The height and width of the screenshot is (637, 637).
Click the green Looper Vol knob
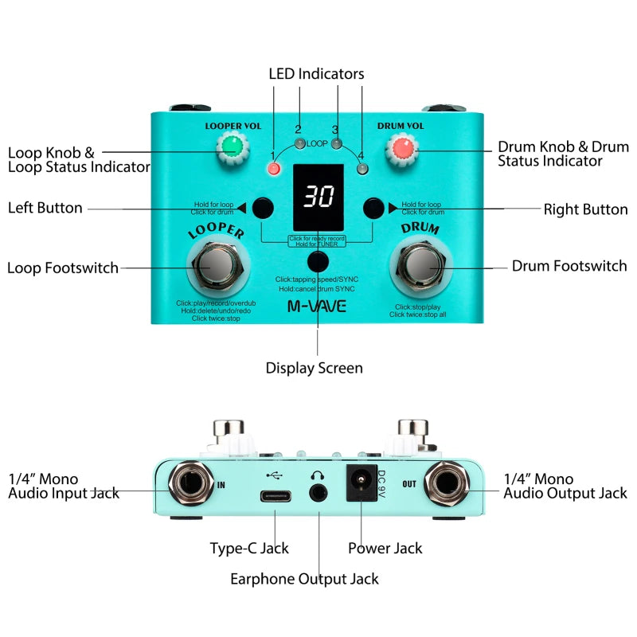(x=232, y=147)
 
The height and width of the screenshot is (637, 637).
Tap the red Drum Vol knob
(x=403, y=148)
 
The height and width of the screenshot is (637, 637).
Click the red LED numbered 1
(x=275, y=169)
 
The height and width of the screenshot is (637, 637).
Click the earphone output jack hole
(x=320, y=494)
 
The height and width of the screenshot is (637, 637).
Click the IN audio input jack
(x=191, y=483)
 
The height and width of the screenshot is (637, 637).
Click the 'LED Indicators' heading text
(x=316, y=73)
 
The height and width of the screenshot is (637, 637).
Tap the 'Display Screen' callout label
(x=314, y=368)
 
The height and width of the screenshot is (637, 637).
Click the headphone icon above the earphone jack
(x=320, y=475)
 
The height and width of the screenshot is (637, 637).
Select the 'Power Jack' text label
(x=385, y=548)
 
